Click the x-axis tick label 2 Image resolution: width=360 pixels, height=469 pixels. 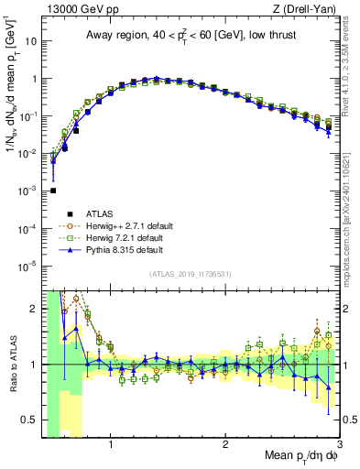tap(225, 445)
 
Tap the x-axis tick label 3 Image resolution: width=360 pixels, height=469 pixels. tap(340, 445)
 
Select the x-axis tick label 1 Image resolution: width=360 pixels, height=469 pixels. tap(111, 445)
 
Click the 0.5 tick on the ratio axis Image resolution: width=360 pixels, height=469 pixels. tap(31, 420)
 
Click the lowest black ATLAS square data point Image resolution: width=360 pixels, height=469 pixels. tap(53, 191)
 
